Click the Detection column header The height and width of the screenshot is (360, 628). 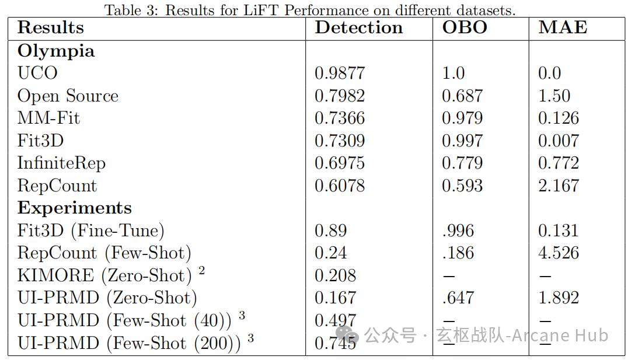[359, 27]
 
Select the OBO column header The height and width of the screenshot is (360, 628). [465, 27]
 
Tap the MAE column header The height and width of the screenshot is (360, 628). [563, 27]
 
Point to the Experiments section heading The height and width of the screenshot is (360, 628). [75, 208]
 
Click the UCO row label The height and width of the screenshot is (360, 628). [38, 73]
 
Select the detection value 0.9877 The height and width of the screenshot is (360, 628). [340, 73]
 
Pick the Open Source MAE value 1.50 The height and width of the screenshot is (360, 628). [554, 96]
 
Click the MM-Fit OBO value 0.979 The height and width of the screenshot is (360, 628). [462, 118]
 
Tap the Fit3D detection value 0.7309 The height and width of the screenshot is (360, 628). [340, 141]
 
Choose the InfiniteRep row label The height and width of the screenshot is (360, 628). [62, 163]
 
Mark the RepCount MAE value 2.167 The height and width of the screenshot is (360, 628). [559, 186]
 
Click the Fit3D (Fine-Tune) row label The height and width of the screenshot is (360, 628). [91, 231]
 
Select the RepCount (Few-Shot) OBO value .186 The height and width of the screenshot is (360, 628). [458, 253]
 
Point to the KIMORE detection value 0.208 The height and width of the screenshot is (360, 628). [335, 275]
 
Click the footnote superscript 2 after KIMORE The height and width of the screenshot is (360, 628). [202, 271]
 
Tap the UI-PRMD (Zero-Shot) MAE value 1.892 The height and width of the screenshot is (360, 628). [559, 298]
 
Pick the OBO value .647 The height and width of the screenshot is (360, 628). [458, 298]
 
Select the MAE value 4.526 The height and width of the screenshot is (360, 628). [559, 253]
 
